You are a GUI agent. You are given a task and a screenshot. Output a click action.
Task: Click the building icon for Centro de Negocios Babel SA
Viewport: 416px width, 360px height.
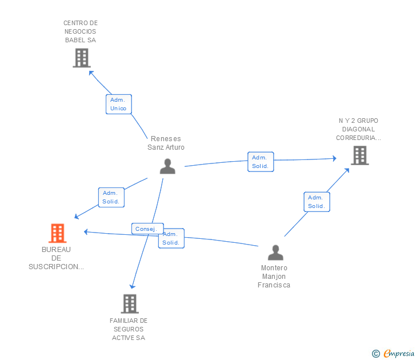tap(82, 58)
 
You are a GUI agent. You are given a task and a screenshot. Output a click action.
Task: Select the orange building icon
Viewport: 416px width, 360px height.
tap(57, 233)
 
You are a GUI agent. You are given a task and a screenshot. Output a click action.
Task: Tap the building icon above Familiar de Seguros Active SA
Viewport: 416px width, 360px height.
tap(130, 303)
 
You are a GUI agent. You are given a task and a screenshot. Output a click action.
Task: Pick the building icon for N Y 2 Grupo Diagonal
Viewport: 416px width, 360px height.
tap(359, 155)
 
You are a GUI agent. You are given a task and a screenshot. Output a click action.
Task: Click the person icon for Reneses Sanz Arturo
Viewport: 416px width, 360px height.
tap(167, 166)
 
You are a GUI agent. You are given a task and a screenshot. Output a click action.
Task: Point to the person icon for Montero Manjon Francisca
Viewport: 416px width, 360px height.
tap(275, 253)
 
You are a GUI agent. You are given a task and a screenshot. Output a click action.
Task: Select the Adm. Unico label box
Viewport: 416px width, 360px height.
tap(119, 104)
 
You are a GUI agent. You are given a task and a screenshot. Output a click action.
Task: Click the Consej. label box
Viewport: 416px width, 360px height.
tap(146, 229)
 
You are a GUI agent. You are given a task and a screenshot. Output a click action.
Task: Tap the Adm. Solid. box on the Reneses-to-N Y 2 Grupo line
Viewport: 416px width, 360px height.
tap(261, 162)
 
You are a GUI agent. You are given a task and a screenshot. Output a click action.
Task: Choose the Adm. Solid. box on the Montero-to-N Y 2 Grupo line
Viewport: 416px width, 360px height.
tap(316, 202)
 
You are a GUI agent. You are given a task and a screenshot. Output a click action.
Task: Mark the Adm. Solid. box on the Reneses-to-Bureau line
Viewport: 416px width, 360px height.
tap(111, 197)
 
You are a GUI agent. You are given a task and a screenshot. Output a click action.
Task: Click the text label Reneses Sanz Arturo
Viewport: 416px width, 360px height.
tap(166, 143)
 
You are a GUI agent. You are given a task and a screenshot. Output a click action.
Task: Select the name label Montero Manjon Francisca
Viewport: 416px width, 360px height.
tap(274, 277)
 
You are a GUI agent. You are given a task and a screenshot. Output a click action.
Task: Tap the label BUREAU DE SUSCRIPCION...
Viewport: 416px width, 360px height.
tap(56, 258)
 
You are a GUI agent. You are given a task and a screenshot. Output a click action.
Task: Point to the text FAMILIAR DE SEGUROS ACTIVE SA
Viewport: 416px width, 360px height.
tap(129, 329)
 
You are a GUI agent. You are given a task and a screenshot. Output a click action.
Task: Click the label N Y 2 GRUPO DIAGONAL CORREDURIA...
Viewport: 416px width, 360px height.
tap(358, 129)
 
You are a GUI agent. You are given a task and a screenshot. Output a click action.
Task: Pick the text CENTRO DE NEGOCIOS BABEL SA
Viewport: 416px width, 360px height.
tap(81, 31)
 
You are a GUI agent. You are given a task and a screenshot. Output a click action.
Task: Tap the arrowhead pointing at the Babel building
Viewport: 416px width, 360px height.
tap(91, 73)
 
